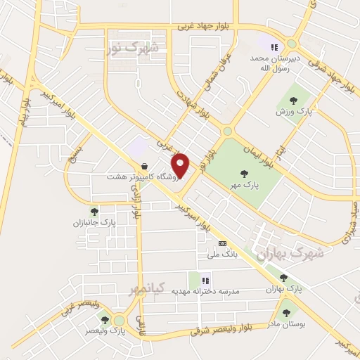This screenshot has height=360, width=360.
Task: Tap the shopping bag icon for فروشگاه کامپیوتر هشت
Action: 144,167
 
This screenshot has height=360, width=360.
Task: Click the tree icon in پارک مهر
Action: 244,174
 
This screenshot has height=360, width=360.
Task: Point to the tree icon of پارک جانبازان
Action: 94,212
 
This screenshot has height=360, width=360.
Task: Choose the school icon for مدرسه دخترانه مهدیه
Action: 205,280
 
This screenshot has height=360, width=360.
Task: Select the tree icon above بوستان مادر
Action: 286,310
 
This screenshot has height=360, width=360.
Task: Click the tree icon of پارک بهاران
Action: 283,278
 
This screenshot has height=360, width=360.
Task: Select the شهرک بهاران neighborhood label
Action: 290,254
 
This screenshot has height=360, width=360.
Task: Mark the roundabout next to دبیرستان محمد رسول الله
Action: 291,44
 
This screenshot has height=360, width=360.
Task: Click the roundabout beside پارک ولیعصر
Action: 120,321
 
